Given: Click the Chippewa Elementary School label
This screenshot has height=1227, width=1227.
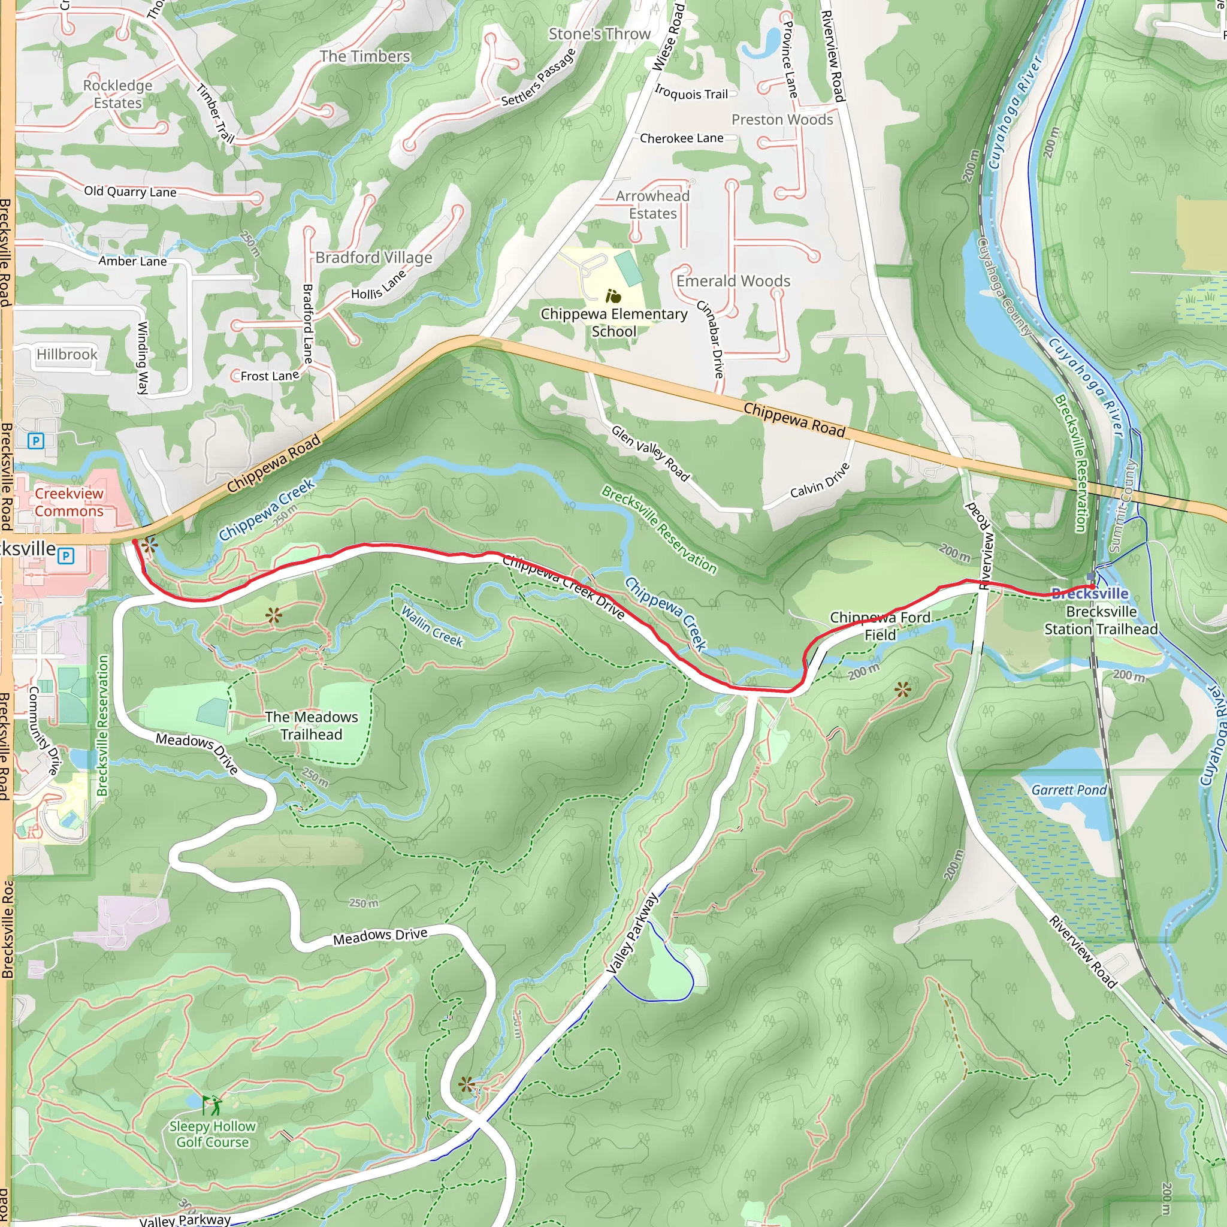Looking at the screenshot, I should pyautogui.click(x=613, y=323).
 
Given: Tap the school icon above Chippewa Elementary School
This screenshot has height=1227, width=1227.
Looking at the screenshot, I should pyautogui.click(x=613, y=296).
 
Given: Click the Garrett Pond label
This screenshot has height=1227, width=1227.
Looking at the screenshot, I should pyautogui.click(x=1069, y=790).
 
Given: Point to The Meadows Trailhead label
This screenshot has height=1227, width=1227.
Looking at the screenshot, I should pyautogui.click(x=311, y=726).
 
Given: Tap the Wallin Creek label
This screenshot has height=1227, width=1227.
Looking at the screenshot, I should pyautogui.click(x=432, y=626).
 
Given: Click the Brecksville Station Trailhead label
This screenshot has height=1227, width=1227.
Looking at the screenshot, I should pyautogui.click(x=1101, y=621).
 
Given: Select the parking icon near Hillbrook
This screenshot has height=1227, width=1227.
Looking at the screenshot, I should pyautogui.click(x=36, y=441).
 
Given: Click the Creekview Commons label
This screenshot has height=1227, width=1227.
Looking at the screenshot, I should pyautogui.click(x=68, y=502).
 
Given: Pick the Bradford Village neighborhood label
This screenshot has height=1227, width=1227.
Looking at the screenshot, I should pyautogui.click(x=373, y=257).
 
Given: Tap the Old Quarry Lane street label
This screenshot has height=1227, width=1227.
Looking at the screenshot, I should pyautogui.click(x=130, y=191).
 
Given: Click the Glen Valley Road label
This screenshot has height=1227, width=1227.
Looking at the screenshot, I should pyautogui.click(x=649, y=453).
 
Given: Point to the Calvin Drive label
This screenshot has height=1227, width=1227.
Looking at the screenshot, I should pyautogui.click(x=819, y=480).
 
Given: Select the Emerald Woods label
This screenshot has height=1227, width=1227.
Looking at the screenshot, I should pyautogui.click(x=733, y=281).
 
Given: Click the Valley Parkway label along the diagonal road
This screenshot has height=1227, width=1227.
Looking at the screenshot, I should pyautogui.click(x=633, y=933).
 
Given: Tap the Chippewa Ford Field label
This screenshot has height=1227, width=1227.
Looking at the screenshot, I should pyautogui.click(x=880, y=626).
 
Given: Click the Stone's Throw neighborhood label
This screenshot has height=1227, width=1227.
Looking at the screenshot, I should pyautogui.click(x=600, y=34).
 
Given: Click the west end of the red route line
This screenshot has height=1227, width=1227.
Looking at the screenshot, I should pyautogui.click(x=135, y=542).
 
